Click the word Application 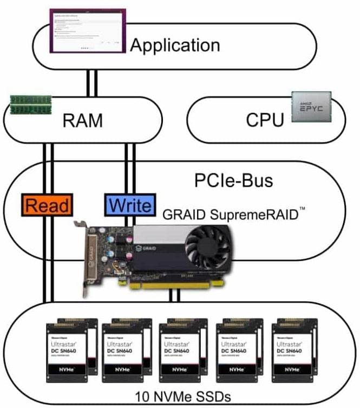[175, 45]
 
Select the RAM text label [83, 120]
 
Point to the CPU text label [265, 120]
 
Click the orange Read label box [48, 205]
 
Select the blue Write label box [130, 205]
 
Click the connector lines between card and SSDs [174, 295]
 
